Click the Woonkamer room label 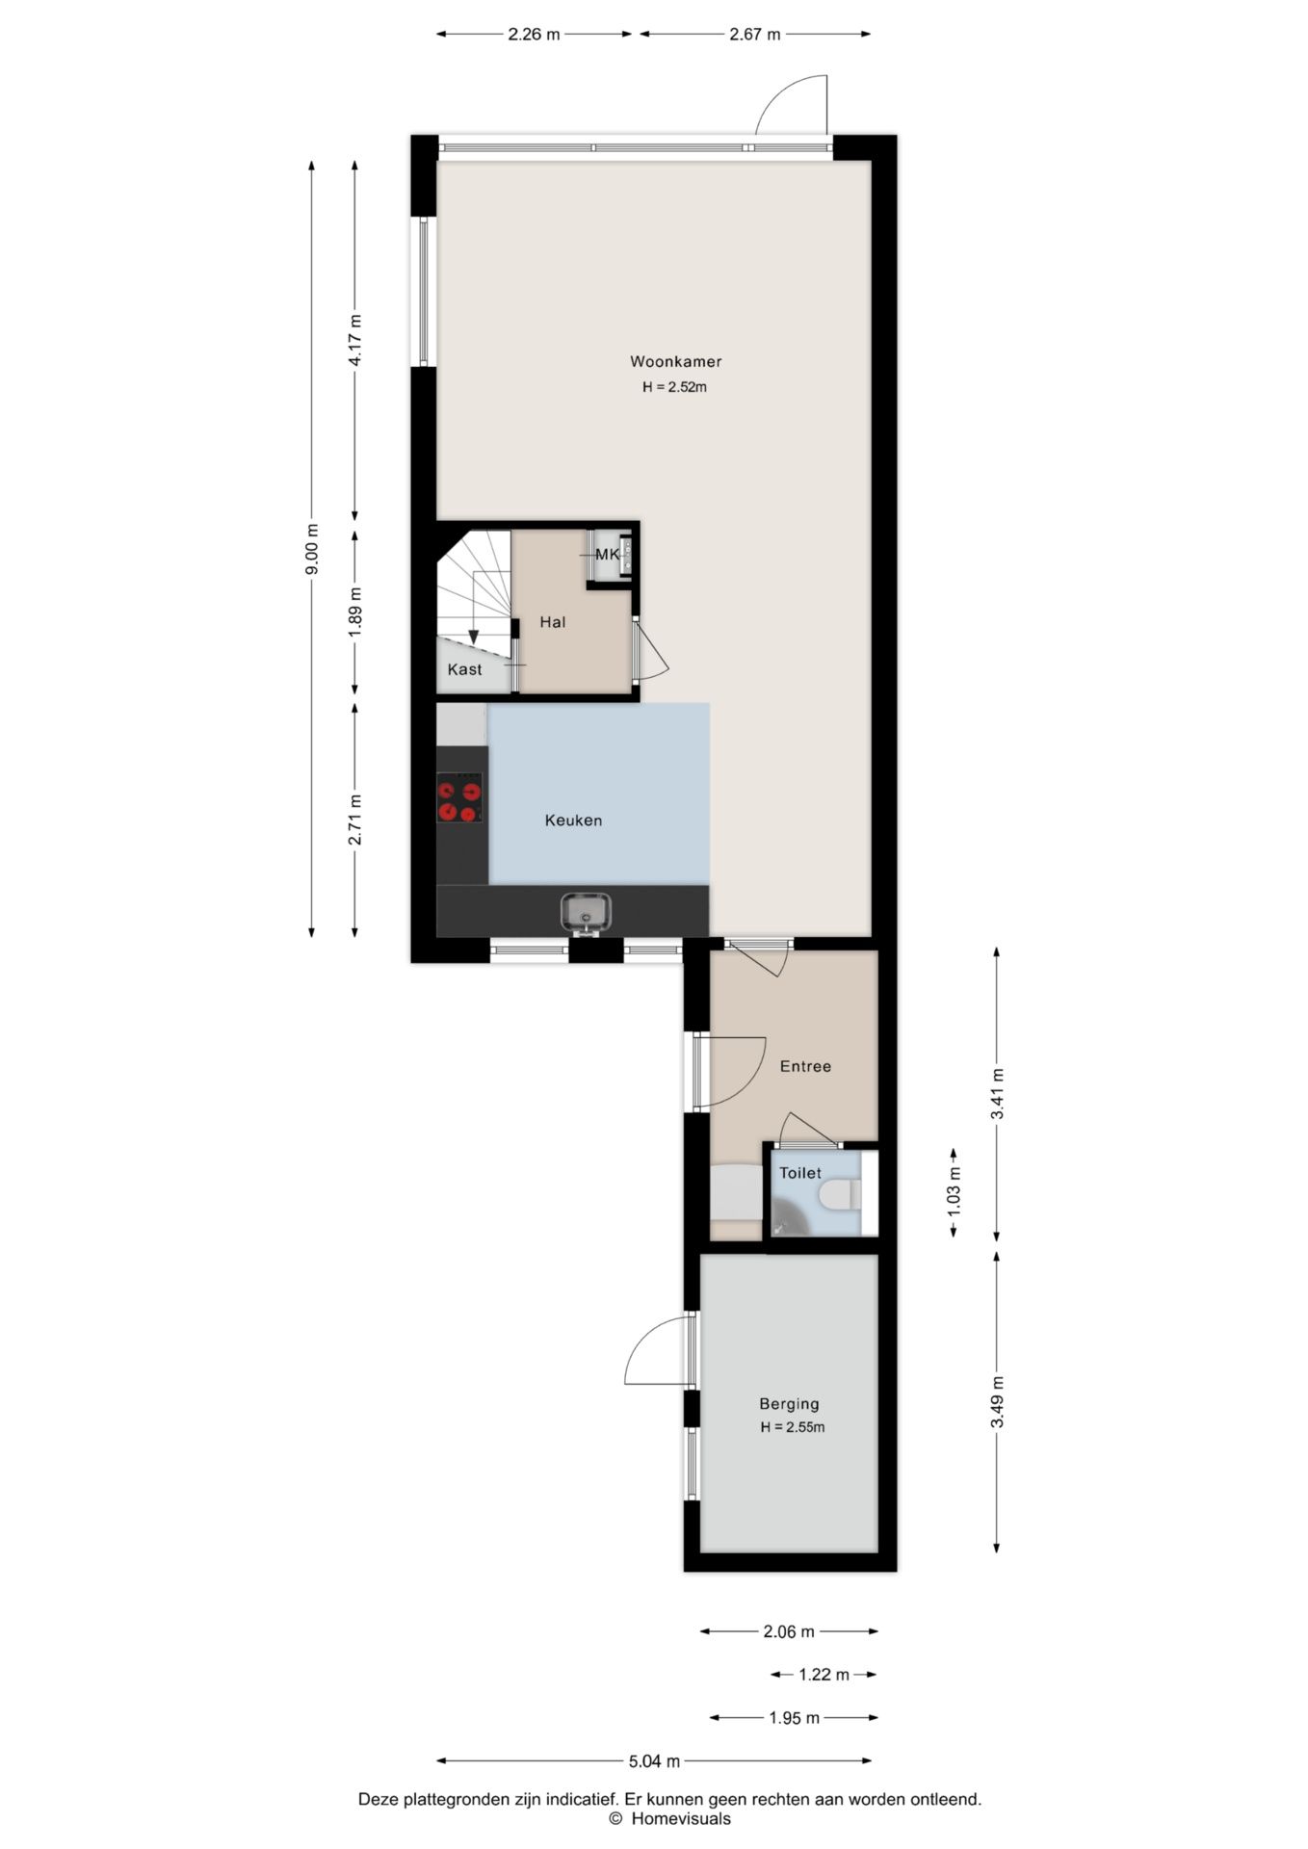[675, 362]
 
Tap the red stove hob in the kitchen [459, 798]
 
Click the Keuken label [573, 820]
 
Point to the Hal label [552, 622]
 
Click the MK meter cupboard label [608, 555]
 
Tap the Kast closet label [464, 669]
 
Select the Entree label [805, 1066]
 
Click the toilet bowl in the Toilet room [839, 1195]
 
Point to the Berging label [789, 1404]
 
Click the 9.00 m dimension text [311, 549]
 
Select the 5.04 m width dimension [654, 1761]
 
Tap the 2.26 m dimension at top [534, 35]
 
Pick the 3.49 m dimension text [997, 1402]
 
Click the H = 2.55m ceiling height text [793, 1427]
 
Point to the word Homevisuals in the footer [681, 1818]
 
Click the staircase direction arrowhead [473, 637]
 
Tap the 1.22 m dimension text [824, 1675]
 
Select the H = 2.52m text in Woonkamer [675, 387]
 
